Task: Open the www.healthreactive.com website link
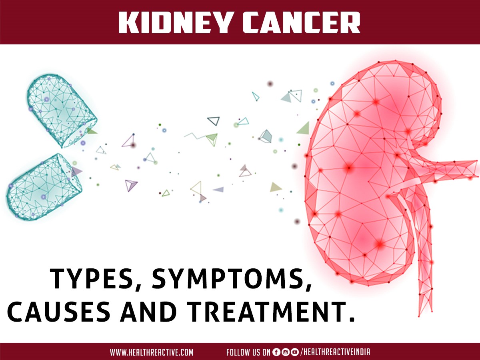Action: click(152, 352)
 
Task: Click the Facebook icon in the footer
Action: click(276, 352)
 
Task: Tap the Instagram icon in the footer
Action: click(285, 352)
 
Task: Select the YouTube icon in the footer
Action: click(295, 352)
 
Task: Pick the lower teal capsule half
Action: click(42, 186)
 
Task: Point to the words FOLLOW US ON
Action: click(248, 352)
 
